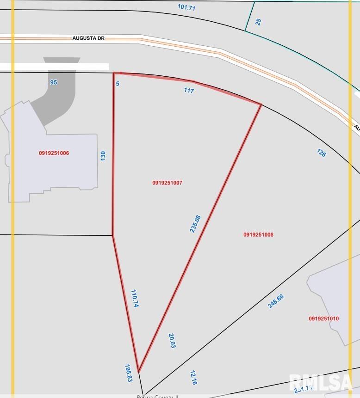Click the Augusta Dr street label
pos(88,39)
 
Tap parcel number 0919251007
pos(167,183)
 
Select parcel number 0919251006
pos(54,153)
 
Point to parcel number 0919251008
pos(258,235)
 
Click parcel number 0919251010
pos(324,318)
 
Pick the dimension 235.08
pos(195,223)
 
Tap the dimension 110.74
pos(135,298)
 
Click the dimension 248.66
pos(276,301)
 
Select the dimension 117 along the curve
pos(189,91)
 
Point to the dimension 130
pos(103,155)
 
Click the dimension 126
pos(321,152)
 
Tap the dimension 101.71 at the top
pos(186,7)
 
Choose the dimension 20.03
pos(172,341)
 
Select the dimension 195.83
pos(129,373)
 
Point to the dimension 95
pos(54,82)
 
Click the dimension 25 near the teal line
pos(258,21)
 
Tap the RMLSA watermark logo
pos(321,382)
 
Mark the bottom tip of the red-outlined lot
pos(138,371)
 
